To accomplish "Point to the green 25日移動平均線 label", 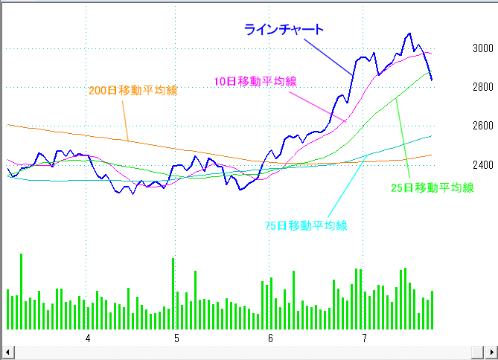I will click(x=432, y=188).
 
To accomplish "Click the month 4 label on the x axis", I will click(x=88, y=338).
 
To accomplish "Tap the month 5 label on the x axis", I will click(x=176, y=338).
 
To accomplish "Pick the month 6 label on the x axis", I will click(x=270, y=338).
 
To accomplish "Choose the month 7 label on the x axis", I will click(x=365, y=338).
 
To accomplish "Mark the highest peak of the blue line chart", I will click(x=409, y=33).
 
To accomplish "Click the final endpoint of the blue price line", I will click(x=432, y=80).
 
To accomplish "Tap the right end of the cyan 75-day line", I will click(x=431, y=136).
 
